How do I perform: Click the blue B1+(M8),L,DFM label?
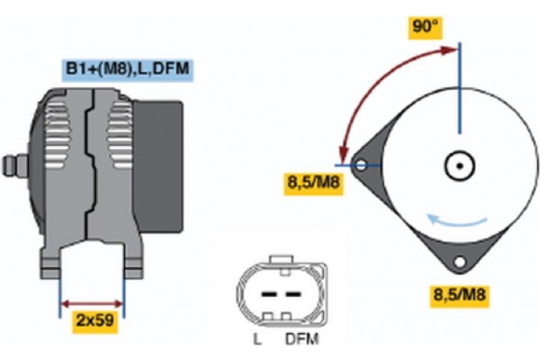click(x=126, y=67)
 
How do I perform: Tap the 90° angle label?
click(x=424, y=27)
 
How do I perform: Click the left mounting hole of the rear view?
click(x=361, y=166)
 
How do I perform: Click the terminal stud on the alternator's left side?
click(x=13, y=165)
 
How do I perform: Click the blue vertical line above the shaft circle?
click(x=459, y=90)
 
